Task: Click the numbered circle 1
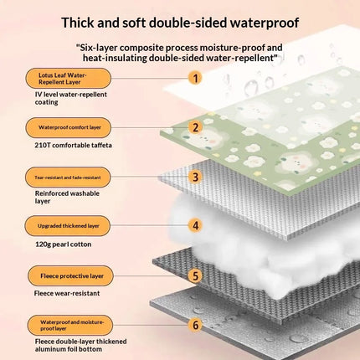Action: pyautogui.click(x=195, y=78)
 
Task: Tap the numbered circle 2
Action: pyautogui.click(x=195, y=127)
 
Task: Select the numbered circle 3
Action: pyautogui.click(x=195, y=177)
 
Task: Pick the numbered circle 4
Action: pyautogui.click(x=195, y=225)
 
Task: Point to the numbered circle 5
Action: pyautogui.click(x=195, y=275)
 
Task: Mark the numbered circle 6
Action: pyautogui.click(x=195, y=325)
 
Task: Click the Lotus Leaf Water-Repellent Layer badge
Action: pyautogui.click(x=69, y=79)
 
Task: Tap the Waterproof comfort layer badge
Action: pyautogui.click(x=69, y=127)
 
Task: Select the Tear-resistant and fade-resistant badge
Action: pyautogui.click(x=68, y=177)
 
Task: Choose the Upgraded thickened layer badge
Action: pyautogui.click(x=68, y=226)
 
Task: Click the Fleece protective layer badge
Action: pyautogui.click(x=70, y=275)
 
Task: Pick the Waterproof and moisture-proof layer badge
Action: pyautogui.click(x=70, y=325)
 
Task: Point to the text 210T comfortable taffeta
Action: pyautogui.click(x=73, y=145)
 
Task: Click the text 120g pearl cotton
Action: pyautogui.click(x=64, y=244)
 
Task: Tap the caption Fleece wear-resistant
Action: pyautogui.click(x=67, y=293)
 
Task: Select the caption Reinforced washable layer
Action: pyautogui.click(x=67, y=197)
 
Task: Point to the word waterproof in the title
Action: pyautogui.click(x=265, y=23)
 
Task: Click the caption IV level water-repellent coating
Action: pyautogui.click(x=71, y=98)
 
